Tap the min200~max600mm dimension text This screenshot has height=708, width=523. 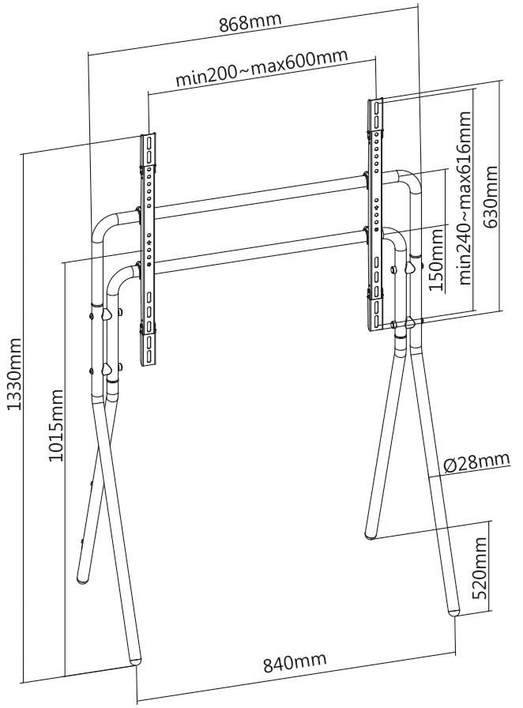[x=261, y=77]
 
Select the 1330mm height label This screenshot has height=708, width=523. [x=13, y=371]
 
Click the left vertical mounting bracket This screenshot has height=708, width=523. [x=148, y=250]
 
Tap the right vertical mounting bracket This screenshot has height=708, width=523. [x=375, y=213]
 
